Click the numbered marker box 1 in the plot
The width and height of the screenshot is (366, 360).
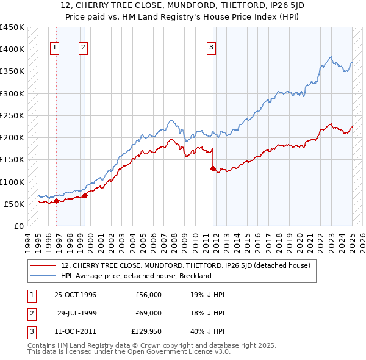coord(54,48)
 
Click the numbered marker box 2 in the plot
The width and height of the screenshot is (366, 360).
coord(83,48)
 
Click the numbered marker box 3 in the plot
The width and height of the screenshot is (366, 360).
coord(210,48)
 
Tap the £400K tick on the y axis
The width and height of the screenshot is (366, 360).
coord(13,49)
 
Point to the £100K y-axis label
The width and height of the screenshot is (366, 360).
coord(13,182)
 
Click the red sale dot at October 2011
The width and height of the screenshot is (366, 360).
coord(213,168)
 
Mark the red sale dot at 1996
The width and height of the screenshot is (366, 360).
coord(56,201)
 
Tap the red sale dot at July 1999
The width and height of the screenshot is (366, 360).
coord(85,195)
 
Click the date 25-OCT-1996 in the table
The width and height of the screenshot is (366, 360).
coord(75,295)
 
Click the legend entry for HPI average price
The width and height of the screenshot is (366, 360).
coord(136,276)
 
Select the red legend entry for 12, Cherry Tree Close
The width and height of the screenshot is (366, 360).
coord(186,265)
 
